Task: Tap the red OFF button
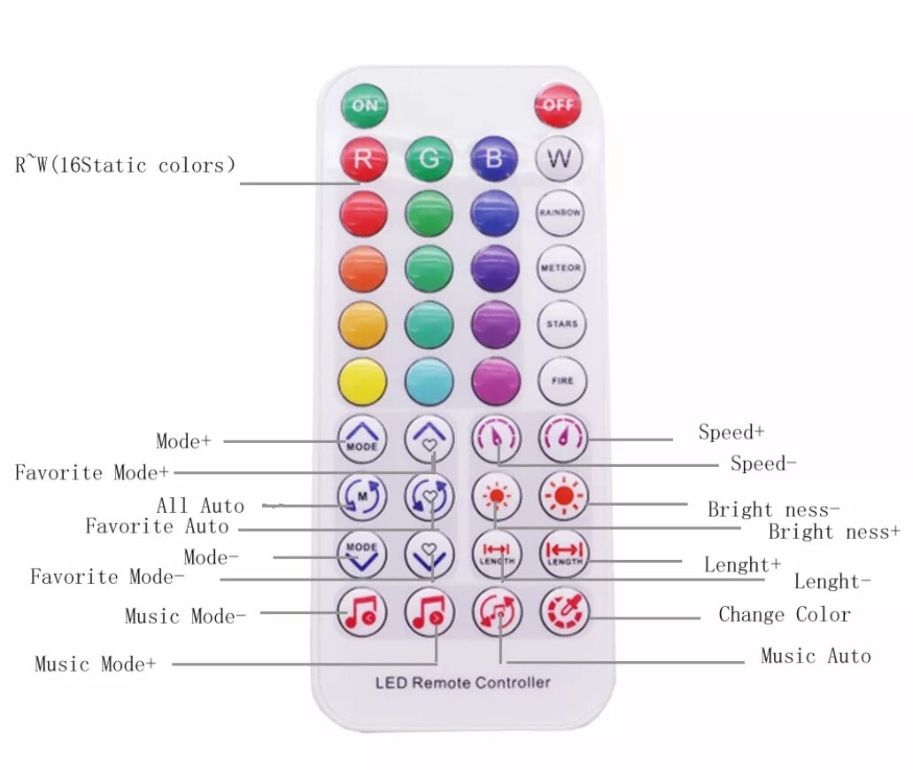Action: [x=557, y=105]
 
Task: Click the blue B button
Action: [x=494, y=159]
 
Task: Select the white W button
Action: [x=560, y=159]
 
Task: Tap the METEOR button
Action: [x=561, y=268]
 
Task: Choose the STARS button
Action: [x=561, y=324]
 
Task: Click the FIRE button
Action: [x=561, y=381]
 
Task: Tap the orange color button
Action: [x=363, y=268]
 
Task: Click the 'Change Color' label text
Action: [x=784, y=614]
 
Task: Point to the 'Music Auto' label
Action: [x=816, y=656]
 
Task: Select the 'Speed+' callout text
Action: [x=731, y=432]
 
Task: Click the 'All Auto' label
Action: [x=200, y=506]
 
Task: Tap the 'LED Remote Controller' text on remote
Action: [x=462, y=682]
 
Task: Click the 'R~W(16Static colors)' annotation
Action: [x=125, y=165]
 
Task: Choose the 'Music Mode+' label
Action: [x=95, y=664]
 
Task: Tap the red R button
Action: [x=363, y=159]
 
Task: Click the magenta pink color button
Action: [x=496, y=381]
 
